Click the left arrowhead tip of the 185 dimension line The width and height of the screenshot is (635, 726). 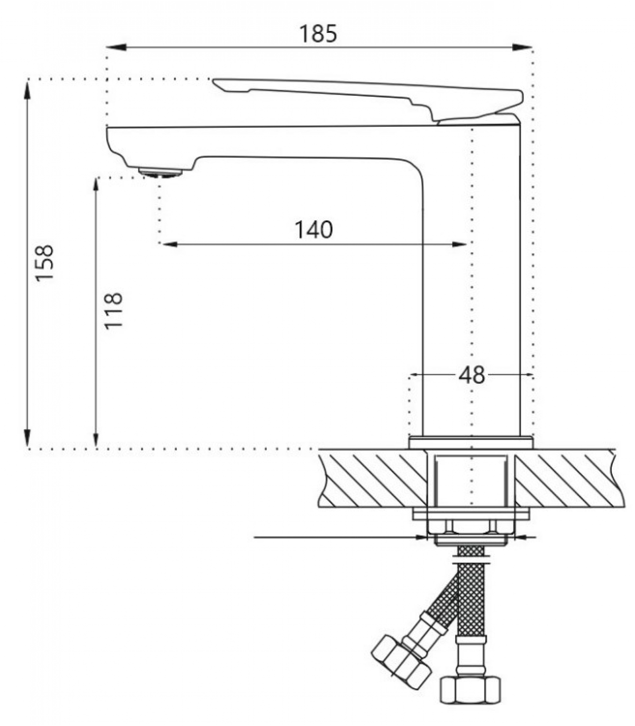point(107,47)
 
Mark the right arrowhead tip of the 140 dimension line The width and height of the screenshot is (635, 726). point(467,244)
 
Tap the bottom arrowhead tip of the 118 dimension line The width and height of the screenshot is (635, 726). point(96,448)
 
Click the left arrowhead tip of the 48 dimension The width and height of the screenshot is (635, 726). point(410,375)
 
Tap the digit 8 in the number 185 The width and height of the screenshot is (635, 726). point(318,34)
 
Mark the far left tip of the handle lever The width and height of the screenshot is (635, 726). point(213,80)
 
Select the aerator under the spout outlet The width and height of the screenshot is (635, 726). point(161,172)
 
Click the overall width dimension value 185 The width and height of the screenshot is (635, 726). point(318,34)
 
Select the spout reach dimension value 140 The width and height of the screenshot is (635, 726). point(314,230)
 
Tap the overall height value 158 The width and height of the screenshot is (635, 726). point(45,263)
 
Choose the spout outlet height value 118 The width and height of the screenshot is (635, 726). point(113,311)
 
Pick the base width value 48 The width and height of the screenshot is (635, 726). point(472,375)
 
